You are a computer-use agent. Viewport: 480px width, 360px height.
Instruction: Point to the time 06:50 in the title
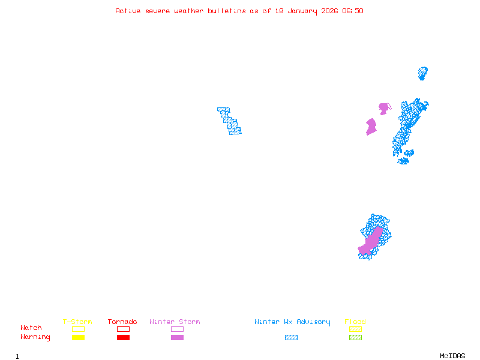coord(352,11)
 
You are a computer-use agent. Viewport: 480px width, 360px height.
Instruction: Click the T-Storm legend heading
coord(77,322)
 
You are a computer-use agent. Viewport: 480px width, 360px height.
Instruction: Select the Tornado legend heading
coord(122,322)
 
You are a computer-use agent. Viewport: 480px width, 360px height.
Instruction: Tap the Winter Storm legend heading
coord(175,322)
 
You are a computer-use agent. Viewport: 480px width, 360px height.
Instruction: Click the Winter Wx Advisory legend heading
coord(292,322)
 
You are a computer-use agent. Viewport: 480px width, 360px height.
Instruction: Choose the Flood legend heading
coord(355,322)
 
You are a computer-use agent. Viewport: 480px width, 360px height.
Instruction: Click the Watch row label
coord(31,328)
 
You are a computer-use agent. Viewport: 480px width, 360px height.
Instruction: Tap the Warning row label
coord(35,337)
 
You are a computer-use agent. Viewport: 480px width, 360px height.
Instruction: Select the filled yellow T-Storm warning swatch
coord(78,337)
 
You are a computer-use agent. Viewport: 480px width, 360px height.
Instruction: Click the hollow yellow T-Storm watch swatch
coord(78,329)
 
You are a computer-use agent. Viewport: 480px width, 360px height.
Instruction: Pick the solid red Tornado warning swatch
coord(123,337)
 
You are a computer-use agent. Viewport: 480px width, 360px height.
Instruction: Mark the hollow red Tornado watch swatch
coord(123,329)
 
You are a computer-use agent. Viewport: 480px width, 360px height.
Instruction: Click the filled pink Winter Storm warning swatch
coord(177,337)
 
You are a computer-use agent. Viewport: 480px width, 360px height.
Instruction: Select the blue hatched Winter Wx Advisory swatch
coord(291,337)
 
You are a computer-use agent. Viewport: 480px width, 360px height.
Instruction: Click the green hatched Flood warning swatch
coord(355,337)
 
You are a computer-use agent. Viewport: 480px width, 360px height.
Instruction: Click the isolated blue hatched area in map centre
coord(229,121)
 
